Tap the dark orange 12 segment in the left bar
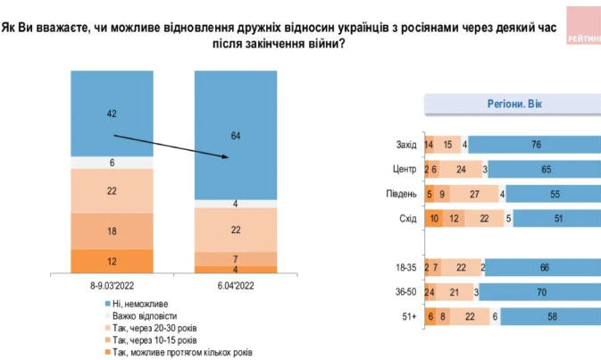(113, 261)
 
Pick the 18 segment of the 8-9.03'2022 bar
(113, 231)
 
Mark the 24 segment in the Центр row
(461, 168)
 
